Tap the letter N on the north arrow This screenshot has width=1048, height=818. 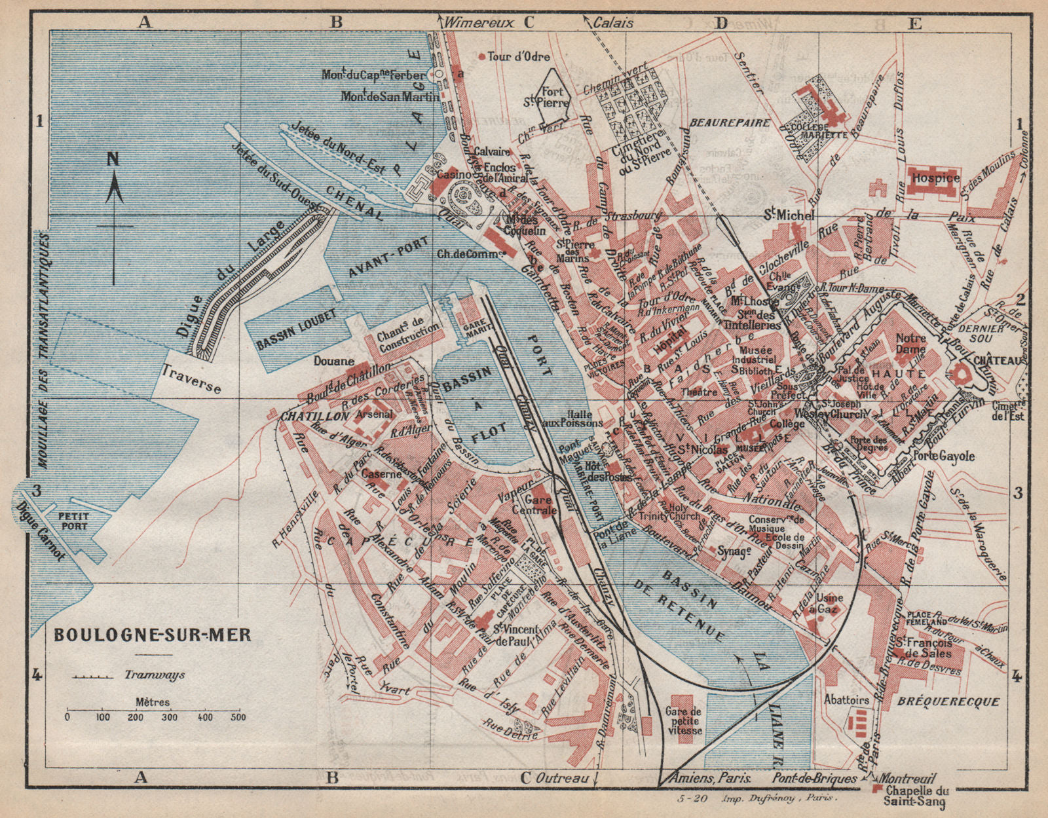point(113,159)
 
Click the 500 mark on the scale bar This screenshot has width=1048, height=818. point(238,716)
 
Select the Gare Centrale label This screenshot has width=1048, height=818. point(538,505)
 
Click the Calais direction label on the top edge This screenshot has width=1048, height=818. point(613,22)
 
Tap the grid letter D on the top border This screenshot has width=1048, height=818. point(720,23)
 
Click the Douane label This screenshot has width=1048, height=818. point(333,361)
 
